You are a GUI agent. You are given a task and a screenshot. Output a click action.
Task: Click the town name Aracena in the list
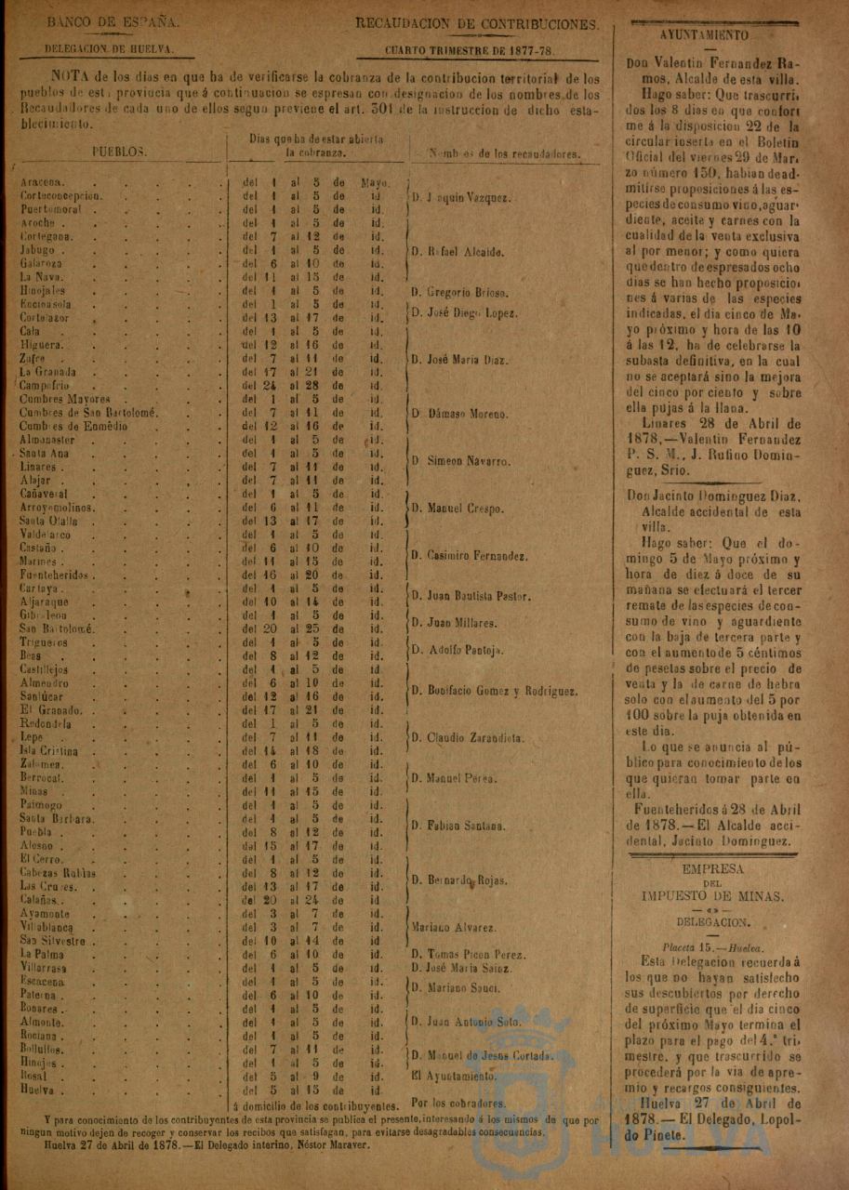tap(42, 182)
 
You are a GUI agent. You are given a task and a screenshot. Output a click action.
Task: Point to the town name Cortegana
tap(46, 237)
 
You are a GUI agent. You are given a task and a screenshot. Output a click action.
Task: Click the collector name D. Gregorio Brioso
tap(461, 292)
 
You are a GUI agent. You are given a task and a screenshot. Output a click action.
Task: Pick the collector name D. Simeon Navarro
tap(461, 460)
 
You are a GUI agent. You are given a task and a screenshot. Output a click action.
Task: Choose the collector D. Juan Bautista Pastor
tap(471, 596)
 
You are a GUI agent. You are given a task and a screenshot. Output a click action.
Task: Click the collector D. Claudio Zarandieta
tap(468, 738)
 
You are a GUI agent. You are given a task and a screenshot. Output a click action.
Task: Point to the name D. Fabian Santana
tap(459, 825)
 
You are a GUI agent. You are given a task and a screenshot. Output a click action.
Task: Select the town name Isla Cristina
tap(49, 751)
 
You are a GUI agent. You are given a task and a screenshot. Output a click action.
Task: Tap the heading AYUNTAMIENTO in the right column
tap(704, 35)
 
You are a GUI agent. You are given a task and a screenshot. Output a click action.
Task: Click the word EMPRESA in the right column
tap(713, 868)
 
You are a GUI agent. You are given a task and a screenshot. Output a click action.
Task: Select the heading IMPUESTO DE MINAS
tap(713, 896)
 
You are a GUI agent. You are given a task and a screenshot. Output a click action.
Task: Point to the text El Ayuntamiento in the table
tap(453, 1076)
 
